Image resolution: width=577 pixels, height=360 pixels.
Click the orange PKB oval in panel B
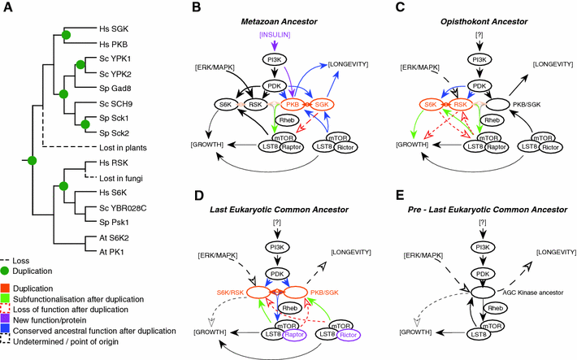(x=295, y=105)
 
